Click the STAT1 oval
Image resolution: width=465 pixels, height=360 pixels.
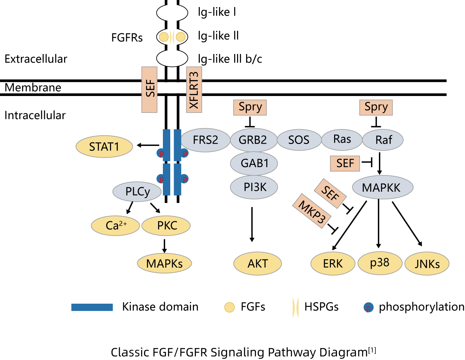point(104,146)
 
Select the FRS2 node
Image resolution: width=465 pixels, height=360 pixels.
point(205,140)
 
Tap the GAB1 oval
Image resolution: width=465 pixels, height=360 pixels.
point(254,163)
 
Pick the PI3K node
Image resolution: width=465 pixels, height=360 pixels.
point(254,187)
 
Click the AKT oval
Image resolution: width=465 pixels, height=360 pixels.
point(257,263)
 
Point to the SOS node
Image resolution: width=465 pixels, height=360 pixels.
point(299,140)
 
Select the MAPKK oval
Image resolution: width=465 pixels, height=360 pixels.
point(382,187)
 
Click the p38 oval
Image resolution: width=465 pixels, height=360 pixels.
point(380,263)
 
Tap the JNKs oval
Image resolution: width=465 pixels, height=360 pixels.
point(427,263)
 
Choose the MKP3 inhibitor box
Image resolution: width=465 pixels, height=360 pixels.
point(312,211)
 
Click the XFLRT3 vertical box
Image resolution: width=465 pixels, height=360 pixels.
point(194,90)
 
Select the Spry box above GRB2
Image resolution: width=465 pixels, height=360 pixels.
point(250,108)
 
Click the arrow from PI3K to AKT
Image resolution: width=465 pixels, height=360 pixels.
point(252,224)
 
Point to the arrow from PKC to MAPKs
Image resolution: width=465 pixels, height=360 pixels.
point(164,246)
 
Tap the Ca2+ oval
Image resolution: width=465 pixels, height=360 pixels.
point(115,226)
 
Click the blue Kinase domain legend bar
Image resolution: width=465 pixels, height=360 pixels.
point(92,307)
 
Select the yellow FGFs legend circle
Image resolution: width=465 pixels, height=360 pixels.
point(229,307)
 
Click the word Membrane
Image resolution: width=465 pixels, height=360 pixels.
point(33,87)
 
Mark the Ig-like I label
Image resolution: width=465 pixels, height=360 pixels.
point(217,12)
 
